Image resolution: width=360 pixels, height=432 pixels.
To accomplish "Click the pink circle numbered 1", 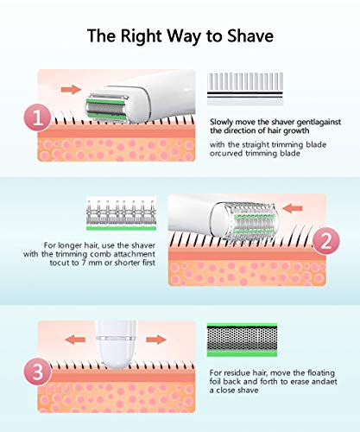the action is (38, 118).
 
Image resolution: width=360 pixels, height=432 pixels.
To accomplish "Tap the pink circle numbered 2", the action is (325, 241).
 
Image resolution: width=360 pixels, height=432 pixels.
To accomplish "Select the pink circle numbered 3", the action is (38, 372).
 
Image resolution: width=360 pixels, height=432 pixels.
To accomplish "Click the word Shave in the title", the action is (250, 36).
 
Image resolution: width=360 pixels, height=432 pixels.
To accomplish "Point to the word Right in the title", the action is (142, 37).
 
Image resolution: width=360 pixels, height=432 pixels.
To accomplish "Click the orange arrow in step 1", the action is (71, 89).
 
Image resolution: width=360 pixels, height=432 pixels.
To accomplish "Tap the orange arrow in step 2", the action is (293, 208).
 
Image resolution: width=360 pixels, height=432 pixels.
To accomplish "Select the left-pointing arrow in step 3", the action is (75, 340).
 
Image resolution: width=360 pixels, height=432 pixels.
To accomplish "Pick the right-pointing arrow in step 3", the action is (156, 340).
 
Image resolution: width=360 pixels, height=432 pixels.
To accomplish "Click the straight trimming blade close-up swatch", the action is (245, 89).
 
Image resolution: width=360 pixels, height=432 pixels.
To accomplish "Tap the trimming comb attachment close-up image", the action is (121, 214).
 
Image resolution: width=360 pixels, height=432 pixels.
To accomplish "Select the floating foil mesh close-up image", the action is (242, 340).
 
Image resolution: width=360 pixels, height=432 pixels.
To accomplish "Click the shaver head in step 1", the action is (107, 106).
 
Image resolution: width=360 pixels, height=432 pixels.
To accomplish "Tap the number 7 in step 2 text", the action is (84, 263).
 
